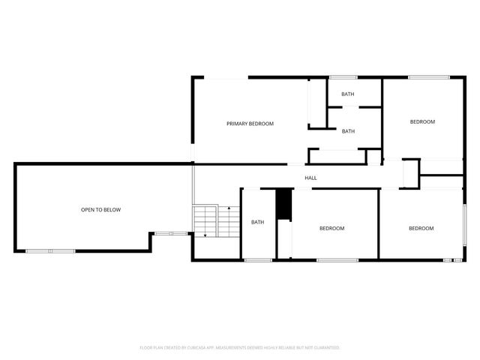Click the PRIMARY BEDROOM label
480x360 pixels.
tap(250, 124)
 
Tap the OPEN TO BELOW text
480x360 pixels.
tap(100, 210)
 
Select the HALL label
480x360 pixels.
tap(310, 178)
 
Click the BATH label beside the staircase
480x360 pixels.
tap(258, 222)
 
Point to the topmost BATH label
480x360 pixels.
tap(348, 94)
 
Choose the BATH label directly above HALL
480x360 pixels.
tap(348, 131)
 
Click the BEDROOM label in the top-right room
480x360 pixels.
tap(421, 121)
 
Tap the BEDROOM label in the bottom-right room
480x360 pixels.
tap(421, 228)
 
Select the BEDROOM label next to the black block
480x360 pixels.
tap(331, 228)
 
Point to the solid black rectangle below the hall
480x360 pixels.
tap(283, 205)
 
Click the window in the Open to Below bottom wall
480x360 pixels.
tap(50, 251)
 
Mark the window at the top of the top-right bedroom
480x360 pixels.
tap(429, 76)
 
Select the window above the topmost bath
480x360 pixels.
tap(343, 76)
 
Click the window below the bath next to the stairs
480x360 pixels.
tap(258, 260)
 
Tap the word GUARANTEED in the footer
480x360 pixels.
tap(324, 348)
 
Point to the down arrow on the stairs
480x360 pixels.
tap(205, 234)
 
